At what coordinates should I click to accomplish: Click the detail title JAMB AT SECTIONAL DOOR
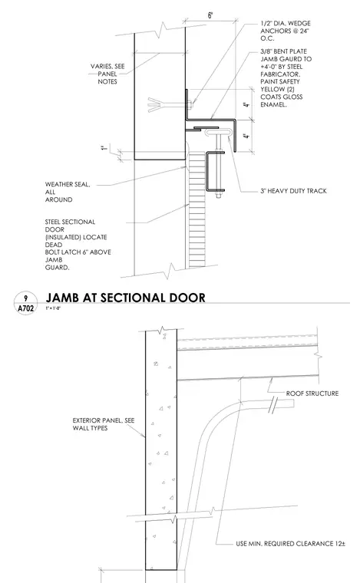point(125,298)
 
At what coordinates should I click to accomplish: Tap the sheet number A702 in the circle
point(25,308)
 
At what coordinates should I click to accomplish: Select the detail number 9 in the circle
point(25,298)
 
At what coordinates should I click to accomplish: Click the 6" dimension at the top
point(210,15)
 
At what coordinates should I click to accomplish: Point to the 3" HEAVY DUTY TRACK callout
point(293,191)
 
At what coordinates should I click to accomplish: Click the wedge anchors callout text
point(286,31)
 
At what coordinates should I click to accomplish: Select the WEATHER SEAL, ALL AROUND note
point(68,192)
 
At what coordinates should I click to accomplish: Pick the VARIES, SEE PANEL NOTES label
point(107,74)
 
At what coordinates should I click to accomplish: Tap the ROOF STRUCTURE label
point(312,394)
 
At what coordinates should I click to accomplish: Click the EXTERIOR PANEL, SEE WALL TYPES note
point(104,424)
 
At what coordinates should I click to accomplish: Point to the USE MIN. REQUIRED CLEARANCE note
point(290,544)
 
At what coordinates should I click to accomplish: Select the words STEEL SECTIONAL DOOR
point(71,226)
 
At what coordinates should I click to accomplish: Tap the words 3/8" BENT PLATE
point(283,51)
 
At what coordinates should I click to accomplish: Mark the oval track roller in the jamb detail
point(217,133)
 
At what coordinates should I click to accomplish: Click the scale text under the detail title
point(53,308)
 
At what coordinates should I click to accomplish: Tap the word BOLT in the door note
point(54,252)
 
